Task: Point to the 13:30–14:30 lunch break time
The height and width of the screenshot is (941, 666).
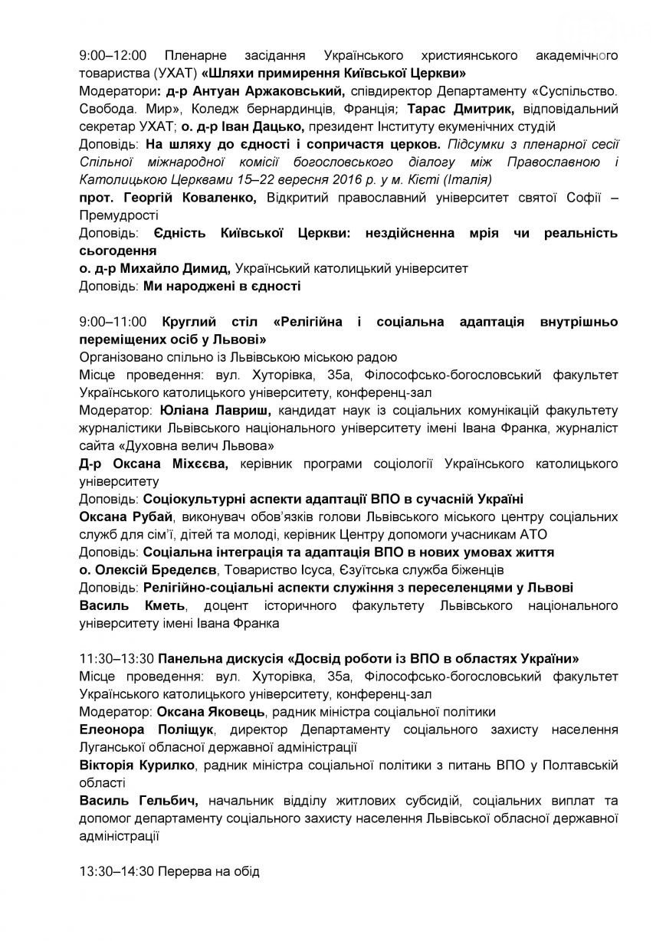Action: pos(117,871)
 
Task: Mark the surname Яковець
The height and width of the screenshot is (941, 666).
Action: pos(238,711)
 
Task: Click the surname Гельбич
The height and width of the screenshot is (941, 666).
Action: pos(168,801)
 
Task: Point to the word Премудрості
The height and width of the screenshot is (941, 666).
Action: pos(118,215)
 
